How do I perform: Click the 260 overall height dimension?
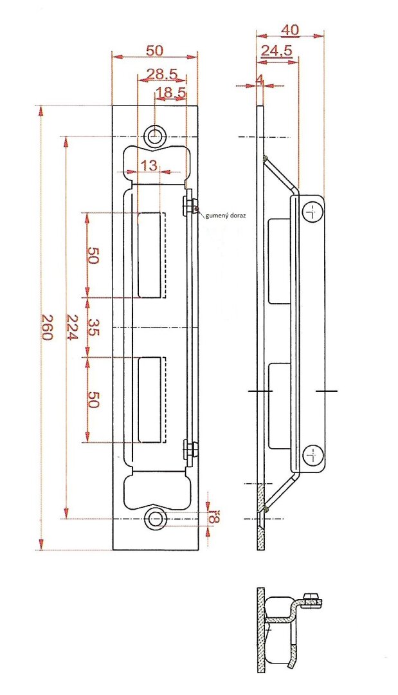tap(47, 327)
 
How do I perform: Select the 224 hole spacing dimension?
tap(72, 327)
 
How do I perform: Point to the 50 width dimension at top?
tap(154, 51)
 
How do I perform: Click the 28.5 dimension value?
tap(161, 73)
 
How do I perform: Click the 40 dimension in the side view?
tap(290, 30)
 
